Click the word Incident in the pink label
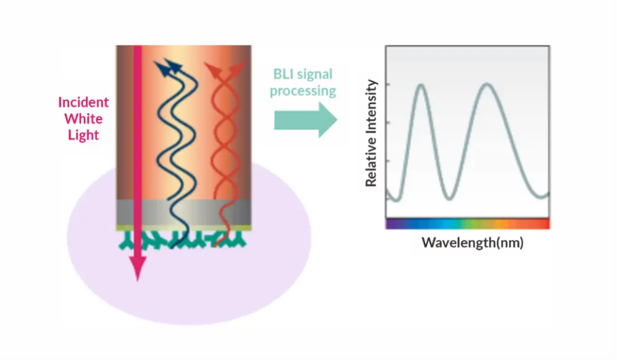click(83, 102)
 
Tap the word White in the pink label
click(83, 118)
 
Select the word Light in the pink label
click(83, 134)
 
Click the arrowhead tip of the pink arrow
click(137, 278)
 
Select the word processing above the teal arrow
click(303, 91)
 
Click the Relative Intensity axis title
click(372, 133)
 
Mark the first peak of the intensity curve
click(421, 85)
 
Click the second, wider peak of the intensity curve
click(487, 85)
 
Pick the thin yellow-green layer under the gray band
click(184, 227)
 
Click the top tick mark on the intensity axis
click(388, 84)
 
